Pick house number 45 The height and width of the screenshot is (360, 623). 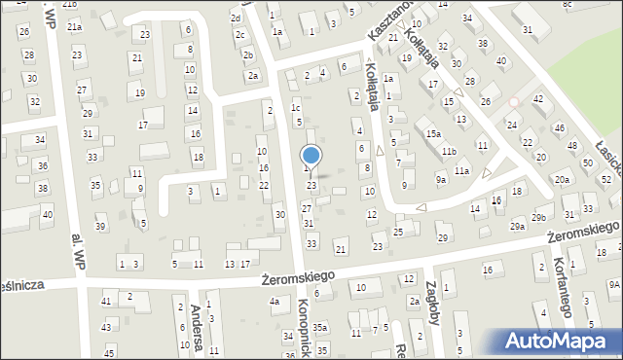110,351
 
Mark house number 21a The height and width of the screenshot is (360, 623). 74,27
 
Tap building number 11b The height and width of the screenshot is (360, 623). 448,152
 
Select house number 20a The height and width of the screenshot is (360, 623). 562,180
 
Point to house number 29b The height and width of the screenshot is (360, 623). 538,218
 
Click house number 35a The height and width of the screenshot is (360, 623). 318,327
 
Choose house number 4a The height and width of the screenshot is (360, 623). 275,302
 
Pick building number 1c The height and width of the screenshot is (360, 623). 295,108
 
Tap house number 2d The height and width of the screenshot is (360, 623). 235,18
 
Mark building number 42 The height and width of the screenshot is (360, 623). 537,99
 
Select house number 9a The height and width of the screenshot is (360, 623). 441,180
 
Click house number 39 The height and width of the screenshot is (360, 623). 100,227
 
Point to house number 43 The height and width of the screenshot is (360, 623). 106,326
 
